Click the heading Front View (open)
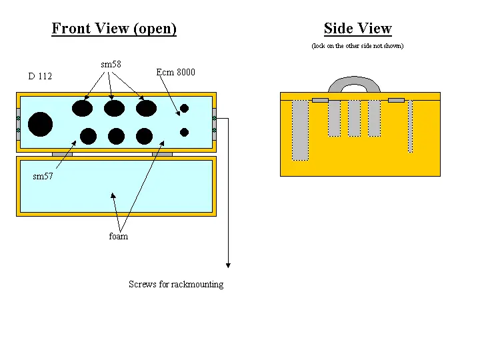[x=114, y=29]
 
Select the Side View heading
[x=357, y=29]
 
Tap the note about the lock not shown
[x=357, y=46]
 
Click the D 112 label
[x=40, y=76]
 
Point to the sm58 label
[x=111, y=64]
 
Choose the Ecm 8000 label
[x=175, y=72]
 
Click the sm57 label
[x=43, y=177]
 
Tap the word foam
[x=118, y=236]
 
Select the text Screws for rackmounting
[x=176, y=284]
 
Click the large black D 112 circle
[x=40, y=124]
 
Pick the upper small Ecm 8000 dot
[x=185, y=108]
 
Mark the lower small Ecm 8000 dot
[x=185, y=132]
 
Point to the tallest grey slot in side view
[x=300, y=130]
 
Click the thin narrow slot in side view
[x=410, y=126]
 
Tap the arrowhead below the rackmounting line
[x=228, y=265]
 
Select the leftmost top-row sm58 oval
[x=83, y=108]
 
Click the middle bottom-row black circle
[x=116, y=136]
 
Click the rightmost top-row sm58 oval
[x=146, y=108]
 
